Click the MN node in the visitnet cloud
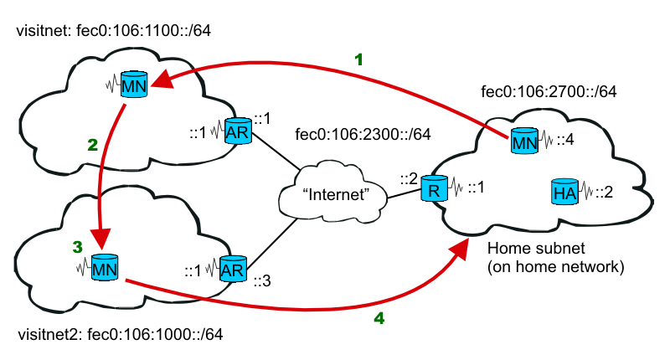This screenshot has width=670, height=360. tap(133, 85)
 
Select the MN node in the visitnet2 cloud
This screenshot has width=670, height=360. tap(104, 270)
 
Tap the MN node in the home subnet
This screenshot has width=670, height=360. tap(524, 141)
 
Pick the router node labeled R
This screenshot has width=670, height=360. tap(432, 188)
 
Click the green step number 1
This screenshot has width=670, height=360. tap(358, 60)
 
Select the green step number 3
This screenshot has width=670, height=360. tap(77, 248)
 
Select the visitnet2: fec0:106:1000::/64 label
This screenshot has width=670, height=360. tap(120, 337)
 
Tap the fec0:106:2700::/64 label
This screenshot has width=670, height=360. tap(549, 92)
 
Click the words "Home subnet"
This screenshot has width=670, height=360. tap(531, 250)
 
